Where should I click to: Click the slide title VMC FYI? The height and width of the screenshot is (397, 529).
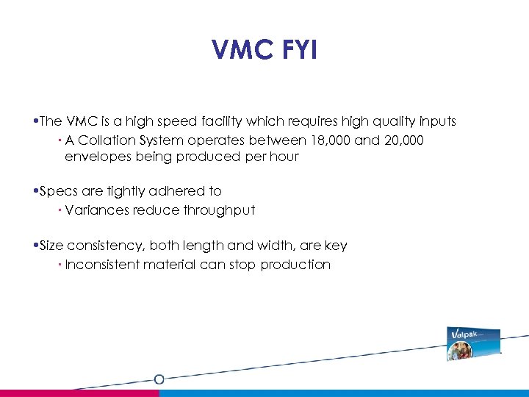tap(264, 49)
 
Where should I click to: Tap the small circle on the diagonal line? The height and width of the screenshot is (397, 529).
tap(159, 379)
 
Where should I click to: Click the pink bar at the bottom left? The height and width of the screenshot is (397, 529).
tap(79, 393)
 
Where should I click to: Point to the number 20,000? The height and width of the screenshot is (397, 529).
tap(403, 140)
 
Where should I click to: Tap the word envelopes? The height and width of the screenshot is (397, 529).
tap(96, 157)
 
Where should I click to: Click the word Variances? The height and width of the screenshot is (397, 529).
tap(96, 210)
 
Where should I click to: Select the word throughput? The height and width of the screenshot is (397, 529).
tap(219, 210)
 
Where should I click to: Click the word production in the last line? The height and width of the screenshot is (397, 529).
tap(295, 265)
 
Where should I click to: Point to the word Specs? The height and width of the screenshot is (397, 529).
tap(57, 191)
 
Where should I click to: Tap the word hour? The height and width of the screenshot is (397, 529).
tap(284, 157)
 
